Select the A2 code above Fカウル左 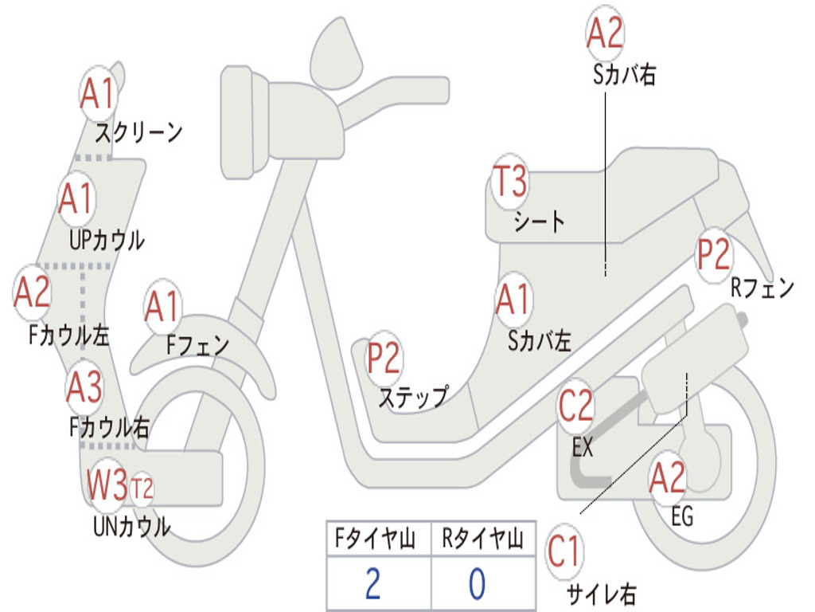point(33,293)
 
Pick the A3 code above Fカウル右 point(84,387)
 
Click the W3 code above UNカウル point(107,485)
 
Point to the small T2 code point(142,486)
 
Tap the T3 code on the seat point(509,182)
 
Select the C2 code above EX point(576,406)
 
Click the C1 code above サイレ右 point(565,552)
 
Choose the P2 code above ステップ point(384,359)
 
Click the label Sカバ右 point(625,75)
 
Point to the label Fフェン point(197,345)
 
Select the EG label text point(682,517)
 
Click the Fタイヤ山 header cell point(377,539)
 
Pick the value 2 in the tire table point(372,583)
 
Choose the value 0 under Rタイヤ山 point(477,583)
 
